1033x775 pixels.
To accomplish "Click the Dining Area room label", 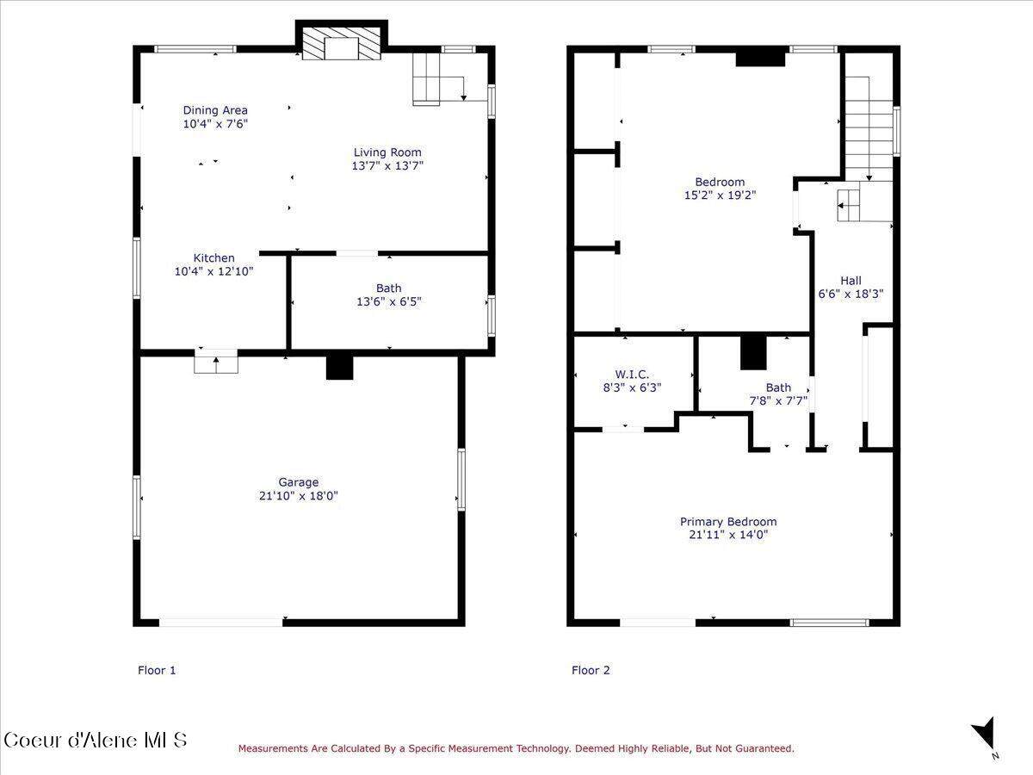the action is [215, 110].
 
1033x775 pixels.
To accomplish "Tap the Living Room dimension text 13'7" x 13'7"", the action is [387, 165].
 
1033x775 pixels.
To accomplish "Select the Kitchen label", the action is [214, 257].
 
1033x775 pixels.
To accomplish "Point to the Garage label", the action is [299, 482].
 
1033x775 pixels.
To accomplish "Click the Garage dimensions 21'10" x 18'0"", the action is [299, 496].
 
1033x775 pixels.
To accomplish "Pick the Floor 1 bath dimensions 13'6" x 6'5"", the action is [389, 301].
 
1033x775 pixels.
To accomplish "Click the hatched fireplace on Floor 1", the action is [341, 43].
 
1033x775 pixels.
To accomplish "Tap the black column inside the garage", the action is [339, 368].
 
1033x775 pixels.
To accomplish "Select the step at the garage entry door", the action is [216, 364].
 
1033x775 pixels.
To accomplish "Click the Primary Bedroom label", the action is [728, 522].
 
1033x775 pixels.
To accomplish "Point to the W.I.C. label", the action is [632, 375].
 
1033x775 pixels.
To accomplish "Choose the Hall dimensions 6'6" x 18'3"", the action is [851, 294].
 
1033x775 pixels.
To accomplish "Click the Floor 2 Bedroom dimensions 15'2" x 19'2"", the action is [720, 195].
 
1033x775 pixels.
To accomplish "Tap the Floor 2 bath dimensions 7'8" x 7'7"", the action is [778, 401].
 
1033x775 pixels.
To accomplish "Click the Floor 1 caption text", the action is [157, 670].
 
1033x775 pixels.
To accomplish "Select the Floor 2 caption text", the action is [591, 670].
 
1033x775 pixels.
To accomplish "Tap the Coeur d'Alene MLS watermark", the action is [96, 740].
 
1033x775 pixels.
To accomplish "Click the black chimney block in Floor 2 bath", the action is [753, 353].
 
